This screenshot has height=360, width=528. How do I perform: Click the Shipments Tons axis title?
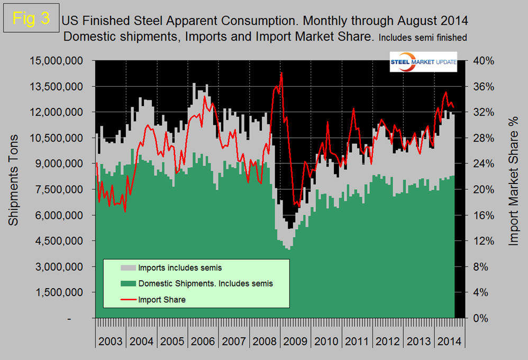14,180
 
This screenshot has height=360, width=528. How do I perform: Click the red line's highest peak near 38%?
281,73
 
